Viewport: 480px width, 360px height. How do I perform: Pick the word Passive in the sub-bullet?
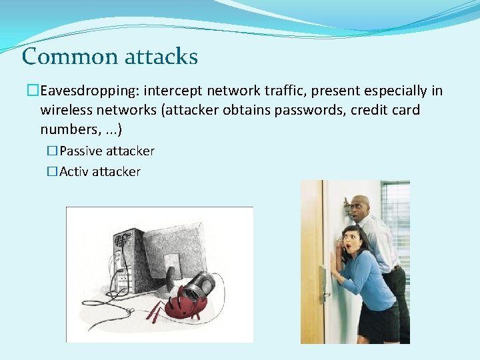[82, 151]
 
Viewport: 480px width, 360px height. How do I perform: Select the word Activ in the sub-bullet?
[74, 172]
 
